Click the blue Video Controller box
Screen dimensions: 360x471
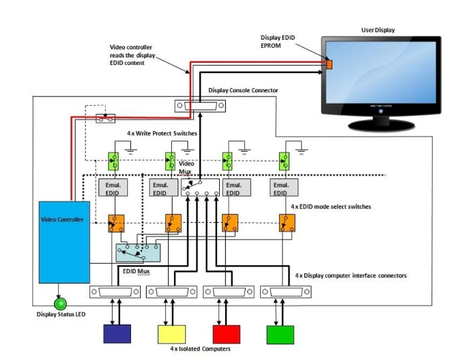tap(64, 242)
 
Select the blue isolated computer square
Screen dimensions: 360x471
tap(116, 334)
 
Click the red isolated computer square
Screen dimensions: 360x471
tap(227, 334)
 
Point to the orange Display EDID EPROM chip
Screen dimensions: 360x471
tap(328, 65)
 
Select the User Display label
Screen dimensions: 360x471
tap(377, 30)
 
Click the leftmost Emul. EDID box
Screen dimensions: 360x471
tap(111, 189)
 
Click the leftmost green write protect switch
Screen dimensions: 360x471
tap(113, 162)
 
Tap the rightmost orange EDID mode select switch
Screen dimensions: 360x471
tap(286, 222)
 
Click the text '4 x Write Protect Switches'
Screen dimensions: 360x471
tap(162, 133)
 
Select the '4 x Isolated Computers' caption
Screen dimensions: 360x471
tap(199, 349)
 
